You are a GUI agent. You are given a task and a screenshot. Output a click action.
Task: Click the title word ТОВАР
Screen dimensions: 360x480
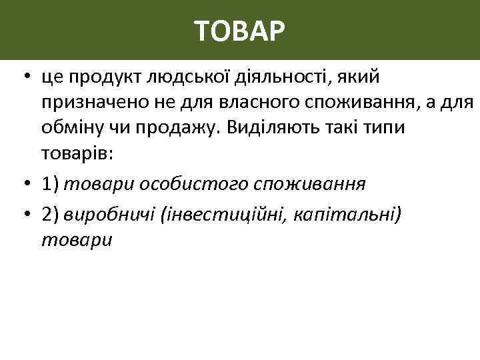coord(240,31)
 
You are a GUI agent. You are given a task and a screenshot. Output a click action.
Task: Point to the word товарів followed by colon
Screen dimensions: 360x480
coord(78,154)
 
